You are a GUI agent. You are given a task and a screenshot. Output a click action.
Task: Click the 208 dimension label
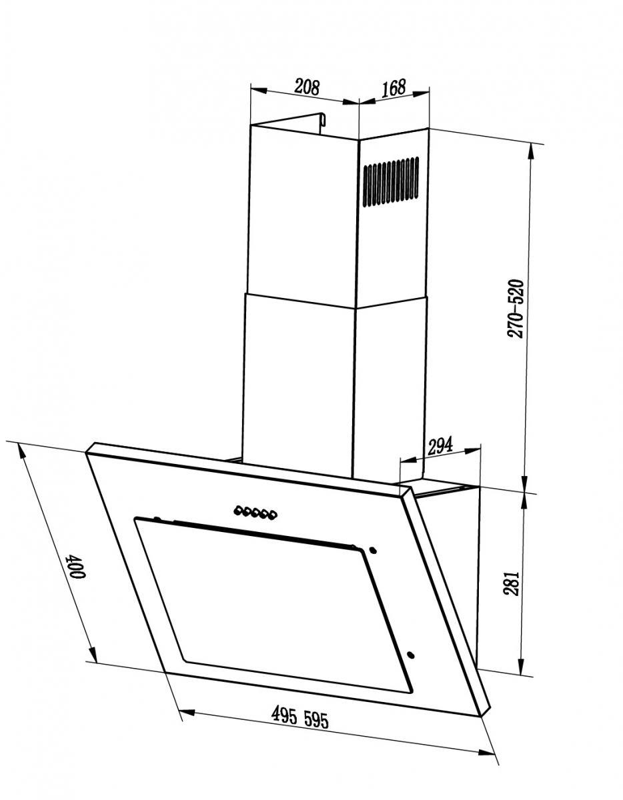pos(307,87)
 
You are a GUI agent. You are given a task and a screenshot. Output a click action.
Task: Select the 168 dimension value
pos(394,88)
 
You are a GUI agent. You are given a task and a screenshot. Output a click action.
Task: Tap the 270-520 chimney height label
pos(515,309)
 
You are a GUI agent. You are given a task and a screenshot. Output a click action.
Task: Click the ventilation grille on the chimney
pos(391,181)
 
